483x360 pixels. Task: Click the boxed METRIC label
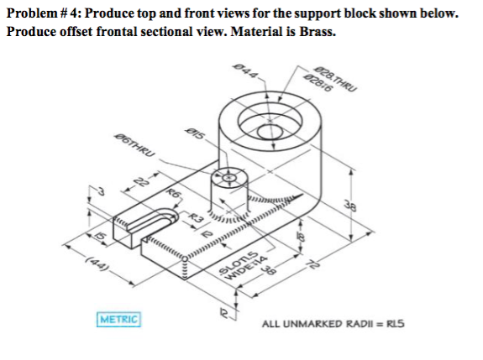click(x=118, y=320)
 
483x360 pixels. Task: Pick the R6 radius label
click(x=175, y=194)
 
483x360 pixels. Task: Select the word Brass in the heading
click(x=315, y=32)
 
